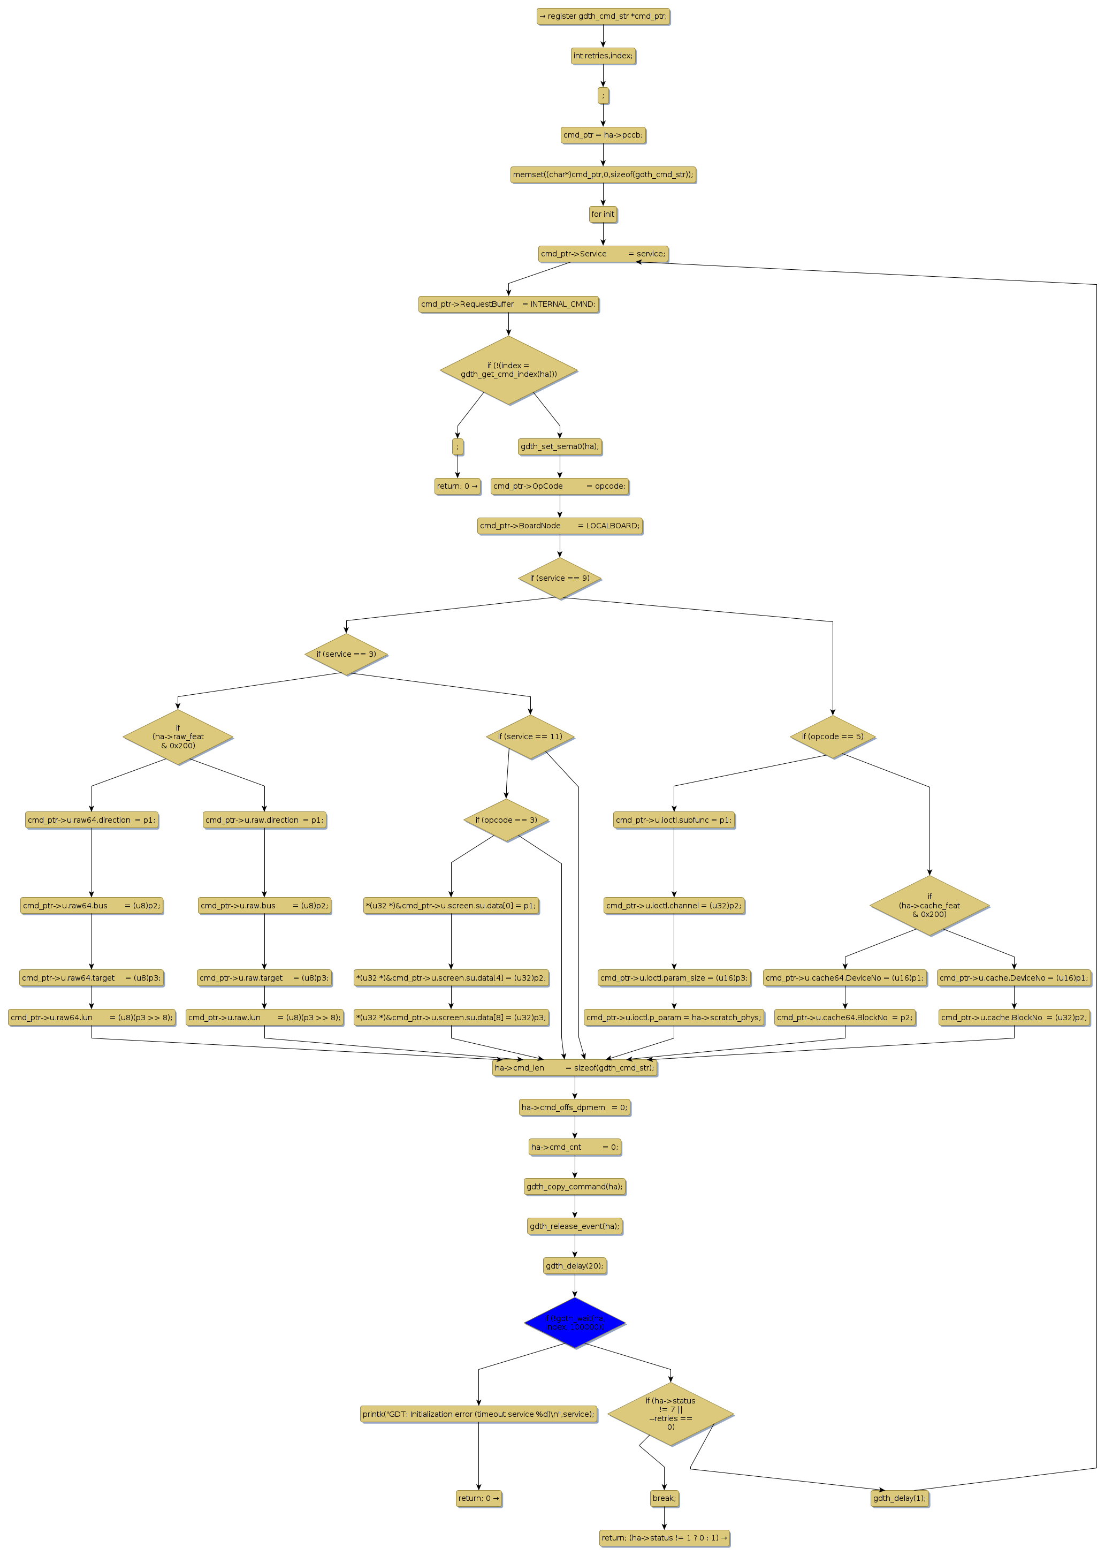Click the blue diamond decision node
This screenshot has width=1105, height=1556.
(574, 1323)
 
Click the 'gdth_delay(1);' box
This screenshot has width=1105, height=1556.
(899, 1498)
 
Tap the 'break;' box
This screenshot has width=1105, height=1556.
(664, 1498)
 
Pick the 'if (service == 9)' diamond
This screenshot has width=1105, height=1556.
(559, 579)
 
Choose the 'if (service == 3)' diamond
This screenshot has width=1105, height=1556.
(346, 654)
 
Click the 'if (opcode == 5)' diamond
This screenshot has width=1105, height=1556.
(832, 737)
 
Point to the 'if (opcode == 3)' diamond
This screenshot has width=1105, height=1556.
(506, 820)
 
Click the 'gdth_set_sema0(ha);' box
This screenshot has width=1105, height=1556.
(559, 446)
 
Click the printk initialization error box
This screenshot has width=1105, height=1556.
(478, 1414)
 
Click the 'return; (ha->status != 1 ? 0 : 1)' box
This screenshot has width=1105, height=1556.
(664, 1538)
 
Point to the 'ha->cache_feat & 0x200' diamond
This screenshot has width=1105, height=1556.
(929, 905)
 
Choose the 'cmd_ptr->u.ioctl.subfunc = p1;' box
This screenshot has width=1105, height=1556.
(673, 820)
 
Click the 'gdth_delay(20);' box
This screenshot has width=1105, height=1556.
(574, 1266)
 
